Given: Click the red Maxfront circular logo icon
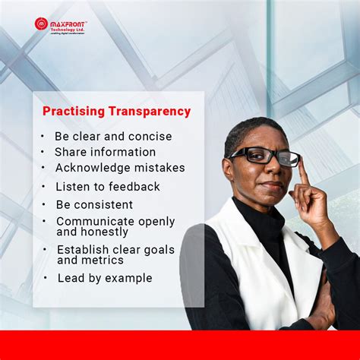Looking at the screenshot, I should pos(41,24).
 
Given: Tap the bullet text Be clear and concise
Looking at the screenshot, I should pos(113,137).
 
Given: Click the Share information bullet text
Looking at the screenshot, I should pos(105,152).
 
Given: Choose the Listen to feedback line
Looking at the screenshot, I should pos(108,186).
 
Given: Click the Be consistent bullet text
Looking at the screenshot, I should pos(94,204).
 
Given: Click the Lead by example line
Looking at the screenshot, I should pos(104,278).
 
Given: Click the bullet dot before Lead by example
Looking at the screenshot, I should pos(46,278).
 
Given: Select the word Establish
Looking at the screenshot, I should pos(84,249).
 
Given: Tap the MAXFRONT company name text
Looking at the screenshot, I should pos(69,22).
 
